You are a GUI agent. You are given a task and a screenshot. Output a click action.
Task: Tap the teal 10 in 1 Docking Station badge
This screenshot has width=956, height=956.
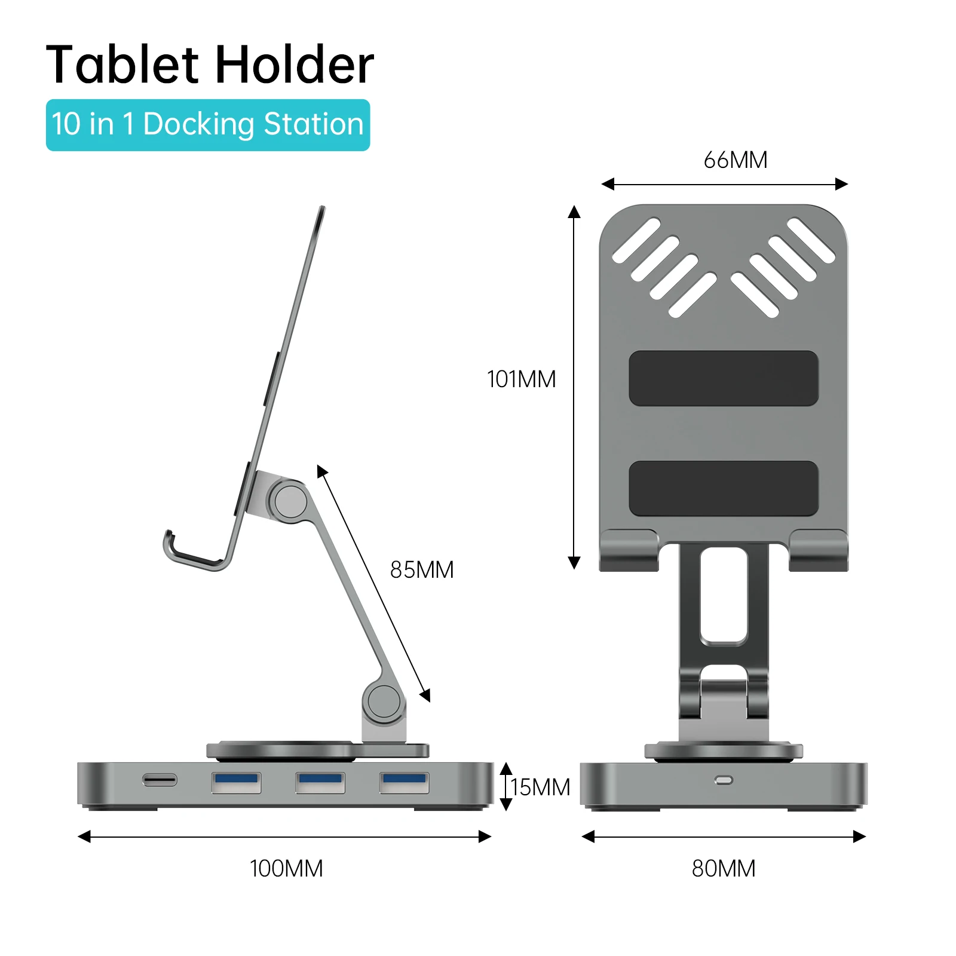coord(208,125)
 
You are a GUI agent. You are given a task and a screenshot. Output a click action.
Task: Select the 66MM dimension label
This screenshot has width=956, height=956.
coord(735,160)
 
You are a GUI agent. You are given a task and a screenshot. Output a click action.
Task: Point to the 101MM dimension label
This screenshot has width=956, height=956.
coord(521,379)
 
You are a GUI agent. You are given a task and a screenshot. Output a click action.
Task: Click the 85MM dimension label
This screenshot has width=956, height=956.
coord(422,570)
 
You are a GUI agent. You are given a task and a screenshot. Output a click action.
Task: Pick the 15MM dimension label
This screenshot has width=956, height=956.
coord(540,788)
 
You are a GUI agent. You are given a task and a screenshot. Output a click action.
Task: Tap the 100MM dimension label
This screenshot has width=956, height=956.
coord(286,869)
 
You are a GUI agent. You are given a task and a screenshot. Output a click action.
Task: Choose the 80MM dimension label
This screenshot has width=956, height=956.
coord(724,869)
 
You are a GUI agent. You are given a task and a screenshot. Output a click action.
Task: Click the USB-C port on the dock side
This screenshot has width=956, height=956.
coord(160,780)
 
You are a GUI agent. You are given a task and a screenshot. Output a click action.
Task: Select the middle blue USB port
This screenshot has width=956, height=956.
coord(320,782)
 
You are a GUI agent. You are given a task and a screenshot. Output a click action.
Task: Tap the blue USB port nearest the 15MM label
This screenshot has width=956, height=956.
coord(405,782)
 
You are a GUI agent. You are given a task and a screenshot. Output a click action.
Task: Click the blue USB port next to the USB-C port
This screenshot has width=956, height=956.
coord(236,782)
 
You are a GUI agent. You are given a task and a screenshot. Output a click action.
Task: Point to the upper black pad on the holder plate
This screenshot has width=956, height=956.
coord(724,378)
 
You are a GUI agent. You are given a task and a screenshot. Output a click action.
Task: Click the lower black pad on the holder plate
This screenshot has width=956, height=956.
coord(724,488)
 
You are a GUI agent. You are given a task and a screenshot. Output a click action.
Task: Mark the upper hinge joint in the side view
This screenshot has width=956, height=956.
coord(290,501)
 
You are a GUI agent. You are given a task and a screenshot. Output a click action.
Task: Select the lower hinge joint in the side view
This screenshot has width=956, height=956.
coord(383,701)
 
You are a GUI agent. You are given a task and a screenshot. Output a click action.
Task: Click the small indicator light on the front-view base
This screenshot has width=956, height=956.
coord(724,780)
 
